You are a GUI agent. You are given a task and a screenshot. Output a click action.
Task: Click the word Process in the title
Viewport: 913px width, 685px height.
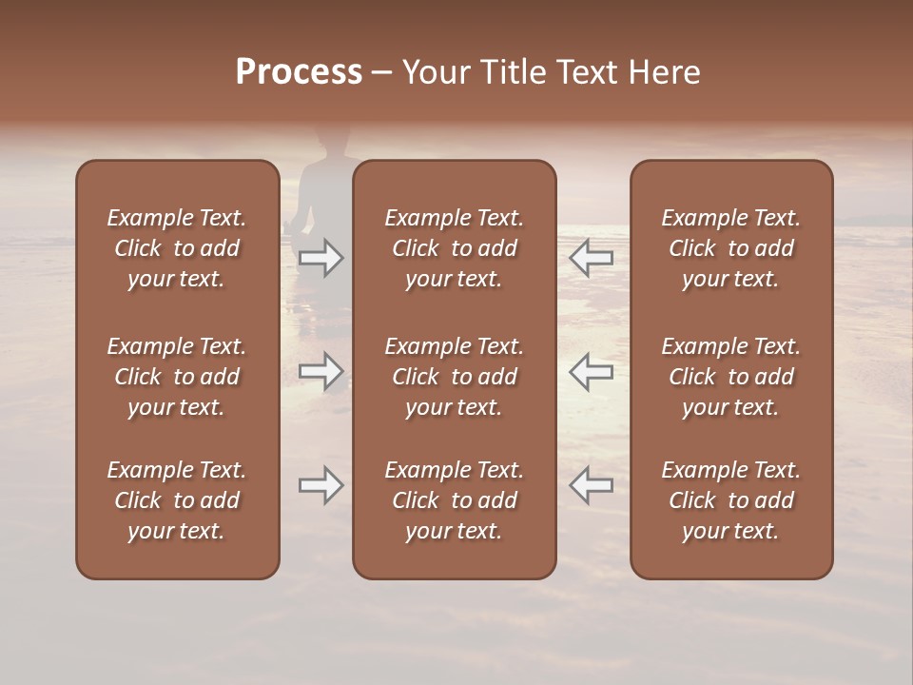tap(299, 72)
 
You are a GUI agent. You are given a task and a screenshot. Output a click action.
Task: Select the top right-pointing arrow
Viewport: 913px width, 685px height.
tap(321, 258)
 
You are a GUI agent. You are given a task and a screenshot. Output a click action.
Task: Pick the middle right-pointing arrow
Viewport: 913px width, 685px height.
tap(321, 371)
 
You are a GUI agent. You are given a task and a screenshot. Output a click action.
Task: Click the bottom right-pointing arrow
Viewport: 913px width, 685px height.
tap(321, 485)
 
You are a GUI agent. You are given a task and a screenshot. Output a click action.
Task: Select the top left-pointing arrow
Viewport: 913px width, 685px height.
tap(591, 258)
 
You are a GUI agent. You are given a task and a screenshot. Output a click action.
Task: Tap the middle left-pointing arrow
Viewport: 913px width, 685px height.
tap(591, 371)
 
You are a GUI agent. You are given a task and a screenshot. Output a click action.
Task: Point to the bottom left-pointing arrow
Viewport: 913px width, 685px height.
tap(591, 485)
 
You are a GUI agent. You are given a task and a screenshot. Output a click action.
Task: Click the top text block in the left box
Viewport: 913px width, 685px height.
tap(177, 248)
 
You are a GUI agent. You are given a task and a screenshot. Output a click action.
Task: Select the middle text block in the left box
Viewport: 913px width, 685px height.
tap(177, 377)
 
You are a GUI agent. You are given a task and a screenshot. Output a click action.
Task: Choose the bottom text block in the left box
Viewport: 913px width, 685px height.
tap(177, 500)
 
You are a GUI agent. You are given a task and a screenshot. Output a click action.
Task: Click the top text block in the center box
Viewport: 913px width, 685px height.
tap(454, 248)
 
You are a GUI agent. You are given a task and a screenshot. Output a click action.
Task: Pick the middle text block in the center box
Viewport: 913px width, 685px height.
tap(454, 377)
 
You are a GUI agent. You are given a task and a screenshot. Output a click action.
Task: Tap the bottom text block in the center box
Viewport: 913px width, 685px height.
tap(454, 500)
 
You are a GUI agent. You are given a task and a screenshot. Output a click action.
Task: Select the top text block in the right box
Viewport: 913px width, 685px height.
tap(730, 248)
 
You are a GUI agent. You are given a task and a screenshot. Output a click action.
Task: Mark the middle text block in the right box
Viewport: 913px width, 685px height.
tap(730, 377)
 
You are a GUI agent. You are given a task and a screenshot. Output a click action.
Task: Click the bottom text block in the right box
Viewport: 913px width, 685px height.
tap(730, 500)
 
